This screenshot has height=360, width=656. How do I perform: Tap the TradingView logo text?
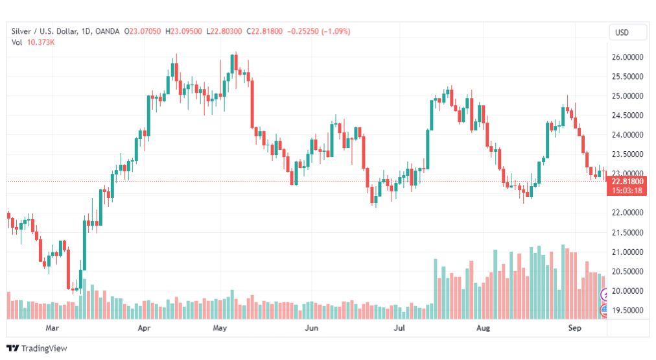[x=44, y=348]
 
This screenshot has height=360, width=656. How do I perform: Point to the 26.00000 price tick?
[x=627, y=57]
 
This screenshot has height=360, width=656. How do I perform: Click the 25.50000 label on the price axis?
[x=627, y=77]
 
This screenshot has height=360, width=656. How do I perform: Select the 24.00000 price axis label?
[x=627, y=135]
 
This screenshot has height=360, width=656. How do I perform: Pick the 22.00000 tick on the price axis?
[x=627, y=213]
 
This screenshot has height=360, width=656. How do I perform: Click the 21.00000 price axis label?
[x=627, y=252]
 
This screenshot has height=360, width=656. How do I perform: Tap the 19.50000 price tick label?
[x=627, y=310]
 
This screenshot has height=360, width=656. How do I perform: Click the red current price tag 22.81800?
[x=627, y=182]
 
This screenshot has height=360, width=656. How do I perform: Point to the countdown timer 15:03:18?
[x=627, y=191]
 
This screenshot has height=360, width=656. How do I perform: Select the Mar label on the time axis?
[x=52, y=328]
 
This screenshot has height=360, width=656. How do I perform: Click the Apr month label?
[x=144, y=328]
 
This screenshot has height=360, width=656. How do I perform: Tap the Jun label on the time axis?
[x=311, y=328]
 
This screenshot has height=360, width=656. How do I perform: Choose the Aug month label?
[x=483, y=328]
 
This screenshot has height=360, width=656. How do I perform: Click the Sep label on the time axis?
[x=574, y=328]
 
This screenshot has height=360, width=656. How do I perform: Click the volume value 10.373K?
[x=41, y=42]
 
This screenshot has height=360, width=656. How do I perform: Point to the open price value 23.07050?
[x=145, y=31]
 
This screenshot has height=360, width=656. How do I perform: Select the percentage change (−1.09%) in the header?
[x=336, y=31]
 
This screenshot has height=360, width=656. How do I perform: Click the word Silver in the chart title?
[x=21, y=31]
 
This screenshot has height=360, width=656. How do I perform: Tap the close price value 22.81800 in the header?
[x=266, y=31]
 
